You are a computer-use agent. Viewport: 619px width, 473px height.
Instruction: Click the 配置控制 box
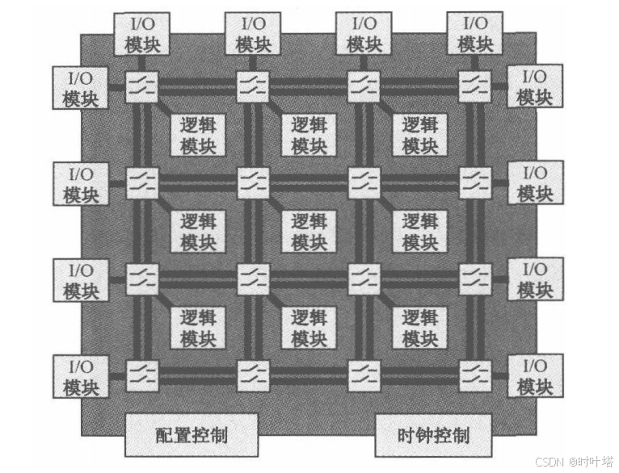[x=191, y=435]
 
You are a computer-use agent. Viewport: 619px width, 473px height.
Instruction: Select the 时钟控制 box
[x=433, y=435]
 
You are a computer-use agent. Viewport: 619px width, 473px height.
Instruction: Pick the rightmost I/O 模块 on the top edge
[x=476, y=34]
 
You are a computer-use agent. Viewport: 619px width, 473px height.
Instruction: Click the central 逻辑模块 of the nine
[x=309, y=231]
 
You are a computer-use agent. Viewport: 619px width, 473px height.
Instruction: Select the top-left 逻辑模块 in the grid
[x=198, y=135]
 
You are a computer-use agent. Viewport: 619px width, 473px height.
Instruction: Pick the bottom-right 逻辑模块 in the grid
[x=420, y=327]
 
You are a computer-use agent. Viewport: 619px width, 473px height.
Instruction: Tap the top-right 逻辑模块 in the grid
[x=420, y=135]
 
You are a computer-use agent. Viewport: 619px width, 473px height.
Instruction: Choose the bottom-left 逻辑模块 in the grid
[x=198, y=327]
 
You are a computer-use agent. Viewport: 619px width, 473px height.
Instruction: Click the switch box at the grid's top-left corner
[x=142, y=86]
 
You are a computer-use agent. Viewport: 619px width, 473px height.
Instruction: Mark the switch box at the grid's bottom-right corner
[x=474, y=375]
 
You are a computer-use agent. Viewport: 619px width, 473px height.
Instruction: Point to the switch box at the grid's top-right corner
[x=474, y=86]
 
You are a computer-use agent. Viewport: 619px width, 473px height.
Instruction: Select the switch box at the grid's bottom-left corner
[x=142, y=375]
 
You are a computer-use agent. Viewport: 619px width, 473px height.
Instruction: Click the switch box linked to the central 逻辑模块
[x=253, y=182]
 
